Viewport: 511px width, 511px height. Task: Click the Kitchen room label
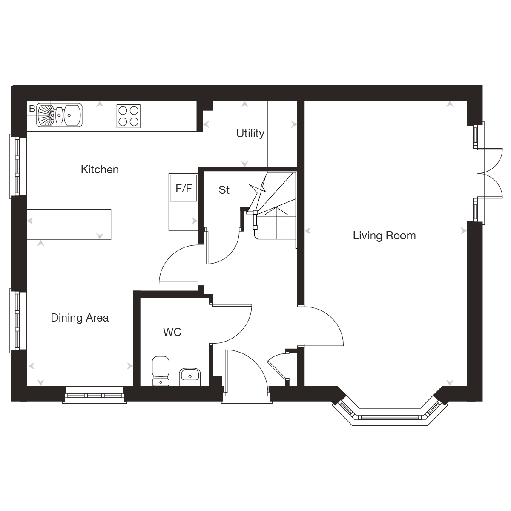click(x=100, y=169)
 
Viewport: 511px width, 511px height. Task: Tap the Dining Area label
click(x=80, y=318)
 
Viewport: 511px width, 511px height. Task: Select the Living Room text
click(x=384, y=235)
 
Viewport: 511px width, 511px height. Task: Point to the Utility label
click(x=250, y=133)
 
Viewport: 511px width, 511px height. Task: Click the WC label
click(x=172, y=332)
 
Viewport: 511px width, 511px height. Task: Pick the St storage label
click(x=224, y=190)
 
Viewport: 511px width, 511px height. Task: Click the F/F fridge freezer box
click(x=184, y=188)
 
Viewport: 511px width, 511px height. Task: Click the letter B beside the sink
click(x=32, y=109)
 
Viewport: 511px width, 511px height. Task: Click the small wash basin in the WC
click(x=189, y=376)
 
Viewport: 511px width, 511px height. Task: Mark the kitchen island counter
click(x=69, y=224)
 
